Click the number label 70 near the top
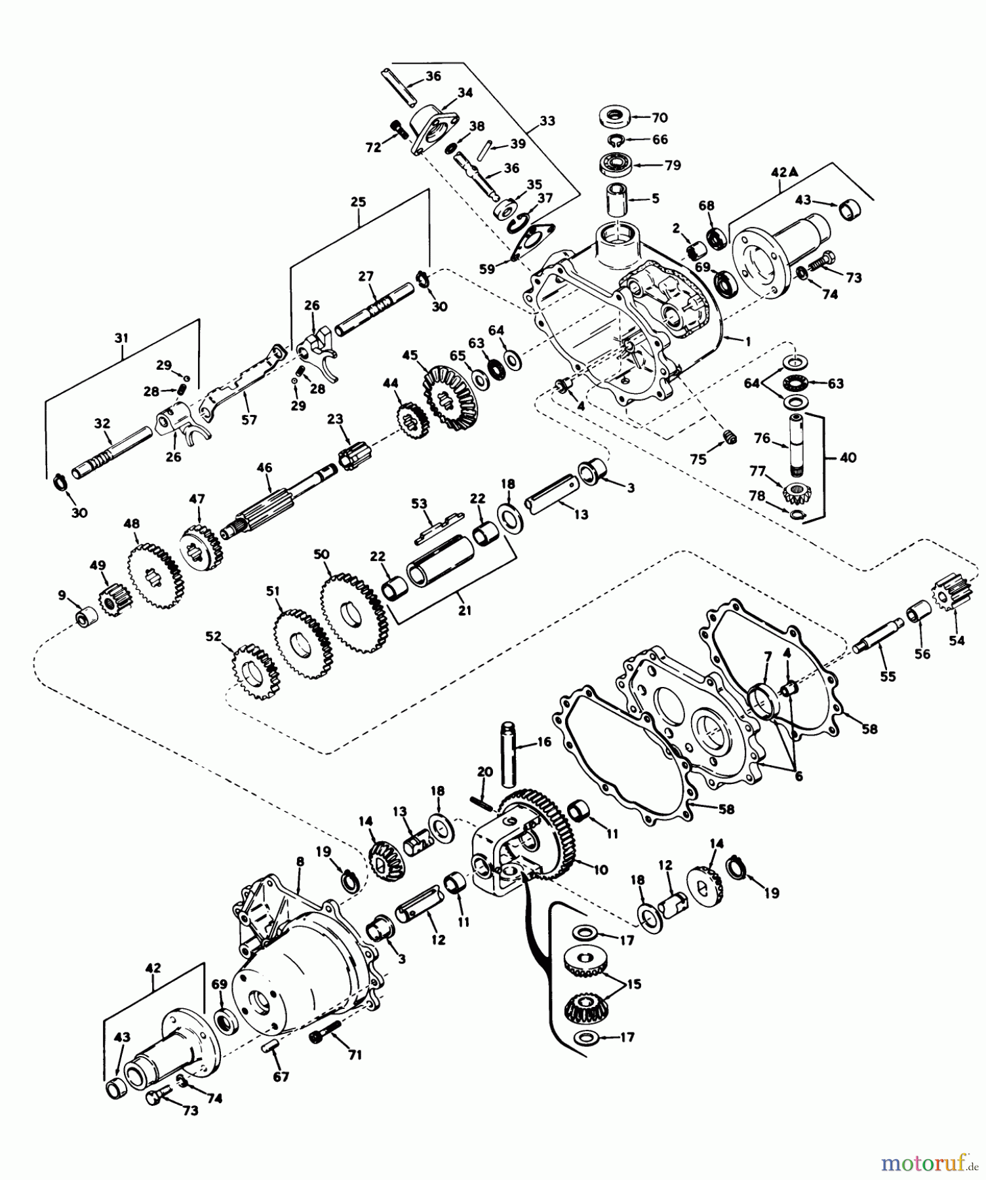coord(659,118)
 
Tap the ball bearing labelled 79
coord(618,164)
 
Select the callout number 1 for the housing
coord(748,341)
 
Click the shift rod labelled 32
coord(111,452)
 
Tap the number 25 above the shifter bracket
coord(358,202)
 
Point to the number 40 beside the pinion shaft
coord(848,457)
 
